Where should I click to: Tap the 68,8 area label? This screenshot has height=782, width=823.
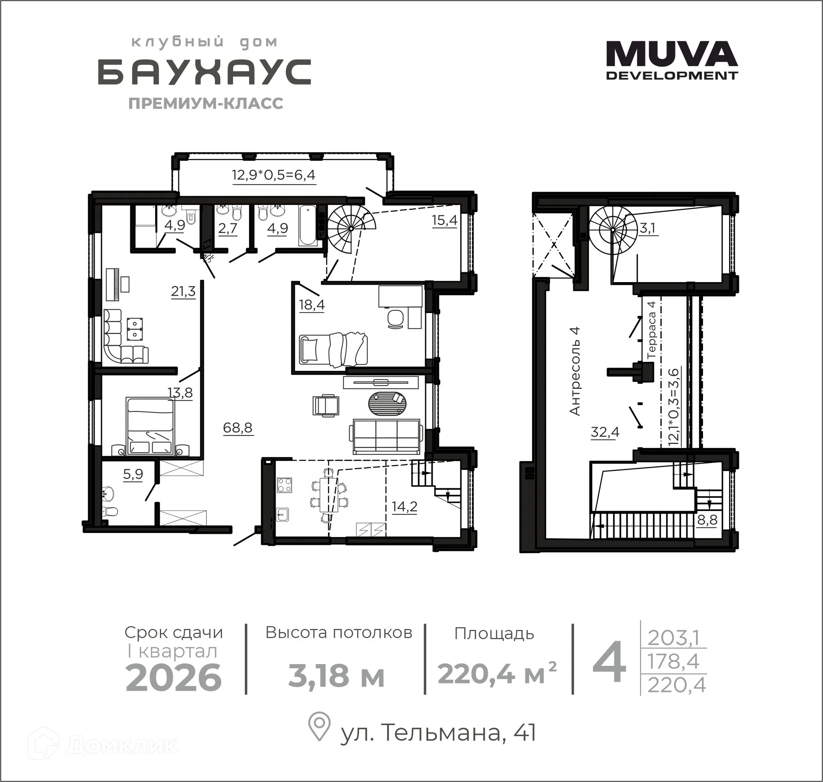click(237, 427)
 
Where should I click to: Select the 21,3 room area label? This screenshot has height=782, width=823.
click(183, 292)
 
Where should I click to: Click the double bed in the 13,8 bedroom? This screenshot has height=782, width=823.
click(150, 426)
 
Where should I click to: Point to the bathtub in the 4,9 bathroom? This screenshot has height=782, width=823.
click(307, 226)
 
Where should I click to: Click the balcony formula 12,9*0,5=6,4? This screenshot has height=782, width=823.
click(274, 175)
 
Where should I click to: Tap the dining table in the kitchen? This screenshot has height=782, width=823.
click(329, 495)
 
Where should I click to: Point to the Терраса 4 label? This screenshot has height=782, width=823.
click(652, 330)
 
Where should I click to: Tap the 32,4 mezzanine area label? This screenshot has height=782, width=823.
click(605, 432)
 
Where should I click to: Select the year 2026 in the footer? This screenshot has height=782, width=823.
click(174, 678)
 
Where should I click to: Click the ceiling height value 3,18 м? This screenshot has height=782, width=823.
click(336, 676)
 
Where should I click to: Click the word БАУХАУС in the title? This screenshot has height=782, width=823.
click(204, 72)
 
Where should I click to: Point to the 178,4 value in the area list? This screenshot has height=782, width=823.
click(673, 662)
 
